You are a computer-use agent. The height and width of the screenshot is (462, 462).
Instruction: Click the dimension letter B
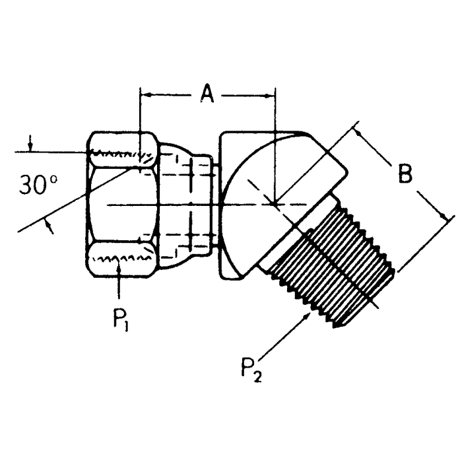click(405, 174)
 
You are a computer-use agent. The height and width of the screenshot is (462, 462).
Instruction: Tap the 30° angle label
click(38, 186)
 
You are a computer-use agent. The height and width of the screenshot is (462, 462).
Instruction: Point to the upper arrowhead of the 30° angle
click(30, 145)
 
